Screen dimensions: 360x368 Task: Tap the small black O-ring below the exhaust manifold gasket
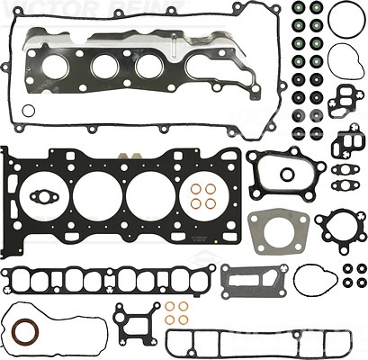point(28,112)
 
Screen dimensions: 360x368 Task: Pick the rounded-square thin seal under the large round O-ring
point(344,62)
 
